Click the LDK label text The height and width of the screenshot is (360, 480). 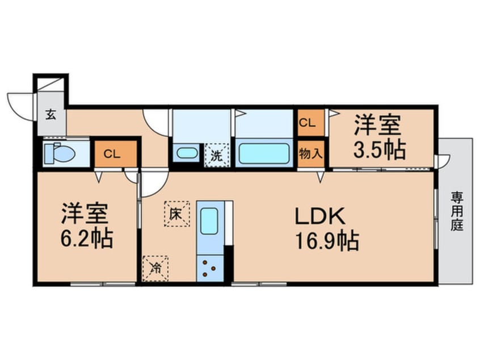pyautogui.click(x=320, y=216)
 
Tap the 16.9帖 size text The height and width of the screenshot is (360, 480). pyautogui.click(x=327, y=241)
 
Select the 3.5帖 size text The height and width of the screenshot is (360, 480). pyautogui.click(x=380, y=150)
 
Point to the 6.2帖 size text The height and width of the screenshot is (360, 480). pyautogui.click(x=87, y=238)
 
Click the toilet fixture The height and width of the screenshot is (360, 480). pyautogui.click(x=60, y=152)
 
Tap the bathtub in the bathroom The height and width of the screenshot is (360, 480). pyautogui.click(x=264, y=153)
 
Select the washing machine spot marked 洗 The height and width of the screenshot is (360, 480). pyautogui.click(x=217, y=156)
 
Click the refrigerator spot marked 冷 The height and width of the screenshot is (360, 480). pyautogui.click(x=156, y=269)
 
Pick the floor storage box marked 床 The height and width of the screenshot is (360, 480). pyautogui.click(x=176, y=214)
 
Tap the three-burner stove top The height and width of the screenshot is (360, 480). pyautogui.click(x=210, y=269)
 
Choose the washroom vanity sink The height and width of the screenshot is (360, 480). pyautogui.click(x=187, y=153)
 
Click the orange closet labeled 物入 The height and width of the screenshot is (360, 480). pyautogui.click(x=311, y=154)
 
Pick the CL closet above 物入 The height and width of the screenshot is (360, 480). pyautogui.click(x=311, y=123)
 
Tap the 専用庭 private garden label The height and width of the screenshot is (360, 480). pyautogui.click(x=457, y=211)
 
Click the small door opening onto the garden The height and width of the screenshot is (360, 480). pyautogui.click(x=444, y=161)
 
